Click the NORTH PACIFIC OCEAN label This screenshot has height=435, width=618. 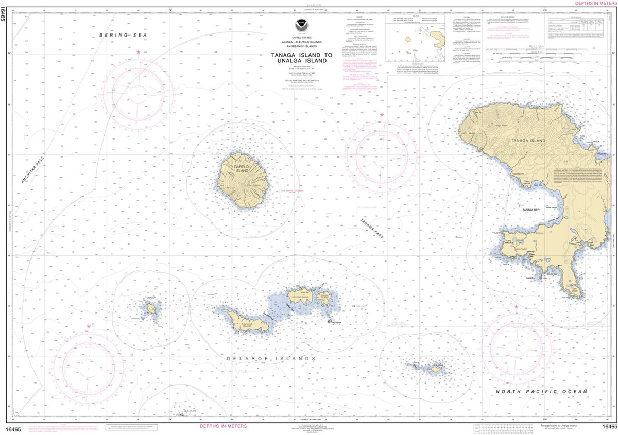tap(541, 392)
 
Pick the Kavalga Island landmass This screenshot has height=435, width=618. tap(242, 320)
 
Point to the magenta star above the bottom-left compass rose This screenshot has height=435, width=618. tap(89, 326)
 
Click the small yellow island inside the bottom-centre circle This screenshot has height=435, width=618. tap(436, 369)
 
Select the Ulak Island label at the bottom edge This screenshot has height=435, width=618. tap(191, 411)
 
